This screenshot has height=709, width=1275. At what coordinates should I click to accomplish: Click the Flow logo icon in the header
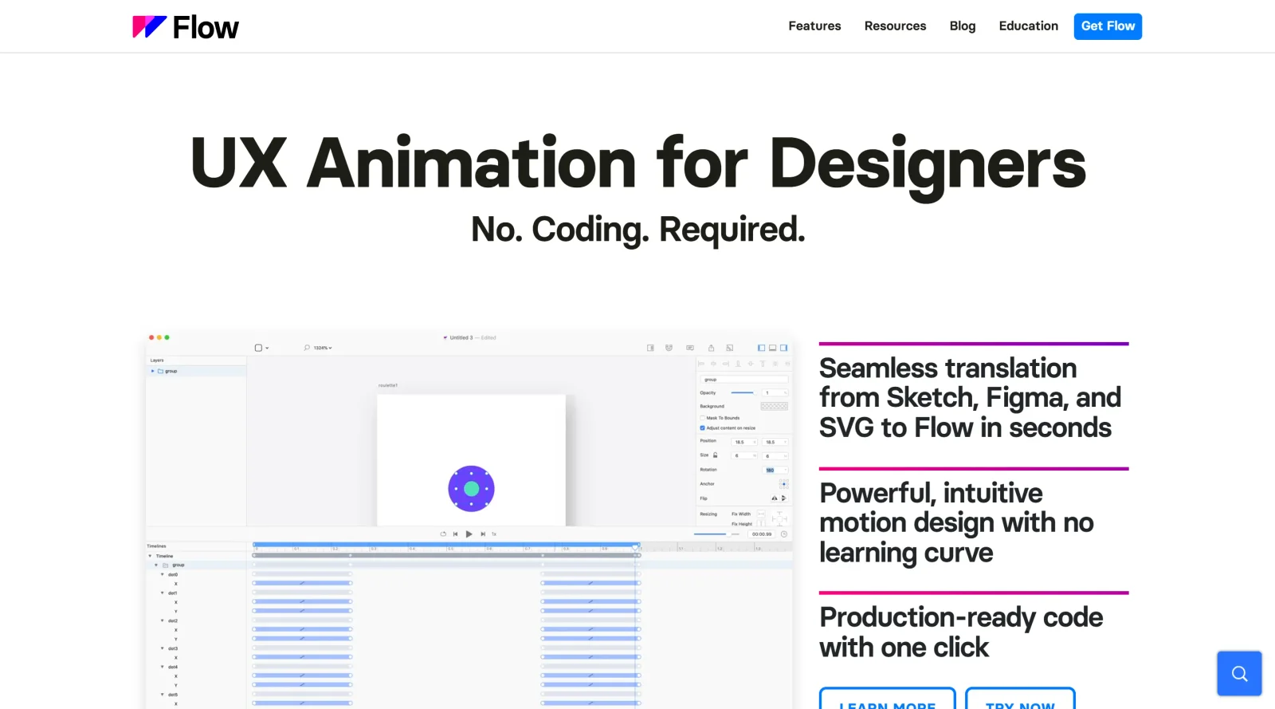(x=149, y=27)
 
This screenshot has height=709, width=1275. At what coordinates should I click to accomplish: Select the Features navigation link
(x=814, y=26)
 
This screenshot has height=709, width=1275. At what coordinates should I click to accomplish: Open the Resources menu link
(x=895, y=26)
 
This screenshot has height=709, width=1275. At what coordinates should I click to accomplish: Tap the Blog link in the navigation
(x=962, y=26)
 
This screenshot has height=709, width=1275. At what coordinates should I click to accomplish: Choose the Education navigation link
(x=1028, y=26)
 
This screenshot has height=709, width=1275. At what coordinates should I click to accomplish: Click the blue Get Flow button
(x=1107, y=26)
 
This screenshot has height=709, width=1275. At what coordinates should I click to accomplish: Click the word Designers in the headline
(x=927, y=164)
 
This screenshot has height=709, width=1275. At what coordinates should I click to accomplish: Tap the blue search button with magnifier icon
(x=1238, y=673)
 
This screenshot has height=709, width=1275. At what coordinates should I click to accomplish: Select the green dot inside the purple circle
(x=471, y=489)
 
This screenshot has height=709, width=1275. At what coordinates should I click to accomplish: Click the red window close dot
(x=151, y=337)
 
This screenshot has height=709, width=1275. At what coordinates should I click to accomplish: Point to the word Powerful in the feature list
(x=875, y=494)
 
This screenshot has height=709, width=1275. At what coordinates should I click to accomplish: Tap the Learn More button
(x=887, y=701)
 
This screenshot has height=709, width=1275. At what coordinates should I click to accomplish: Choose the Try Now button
(x=1019, y=701)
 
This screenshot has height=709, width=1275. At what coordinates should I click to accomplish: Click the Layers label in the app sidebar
(x=157, y=360)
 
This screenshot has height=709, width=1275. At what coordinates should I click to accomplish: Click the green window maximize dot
(x=167, y=337)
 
